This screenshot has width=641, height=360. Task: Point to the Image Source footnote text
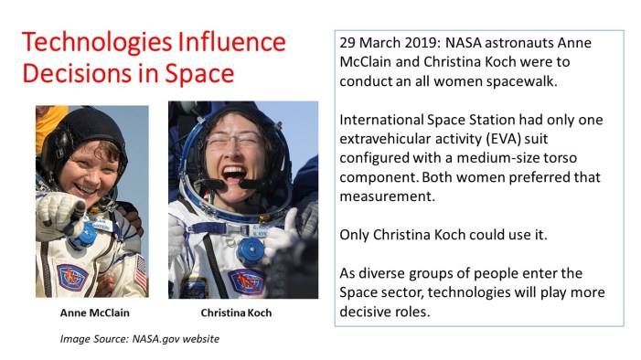point(140,340)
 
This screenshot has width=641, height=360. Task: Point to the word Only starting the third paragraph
point(356,234)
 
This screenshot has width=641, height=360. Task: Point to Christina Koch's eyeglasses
point(234,142)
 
